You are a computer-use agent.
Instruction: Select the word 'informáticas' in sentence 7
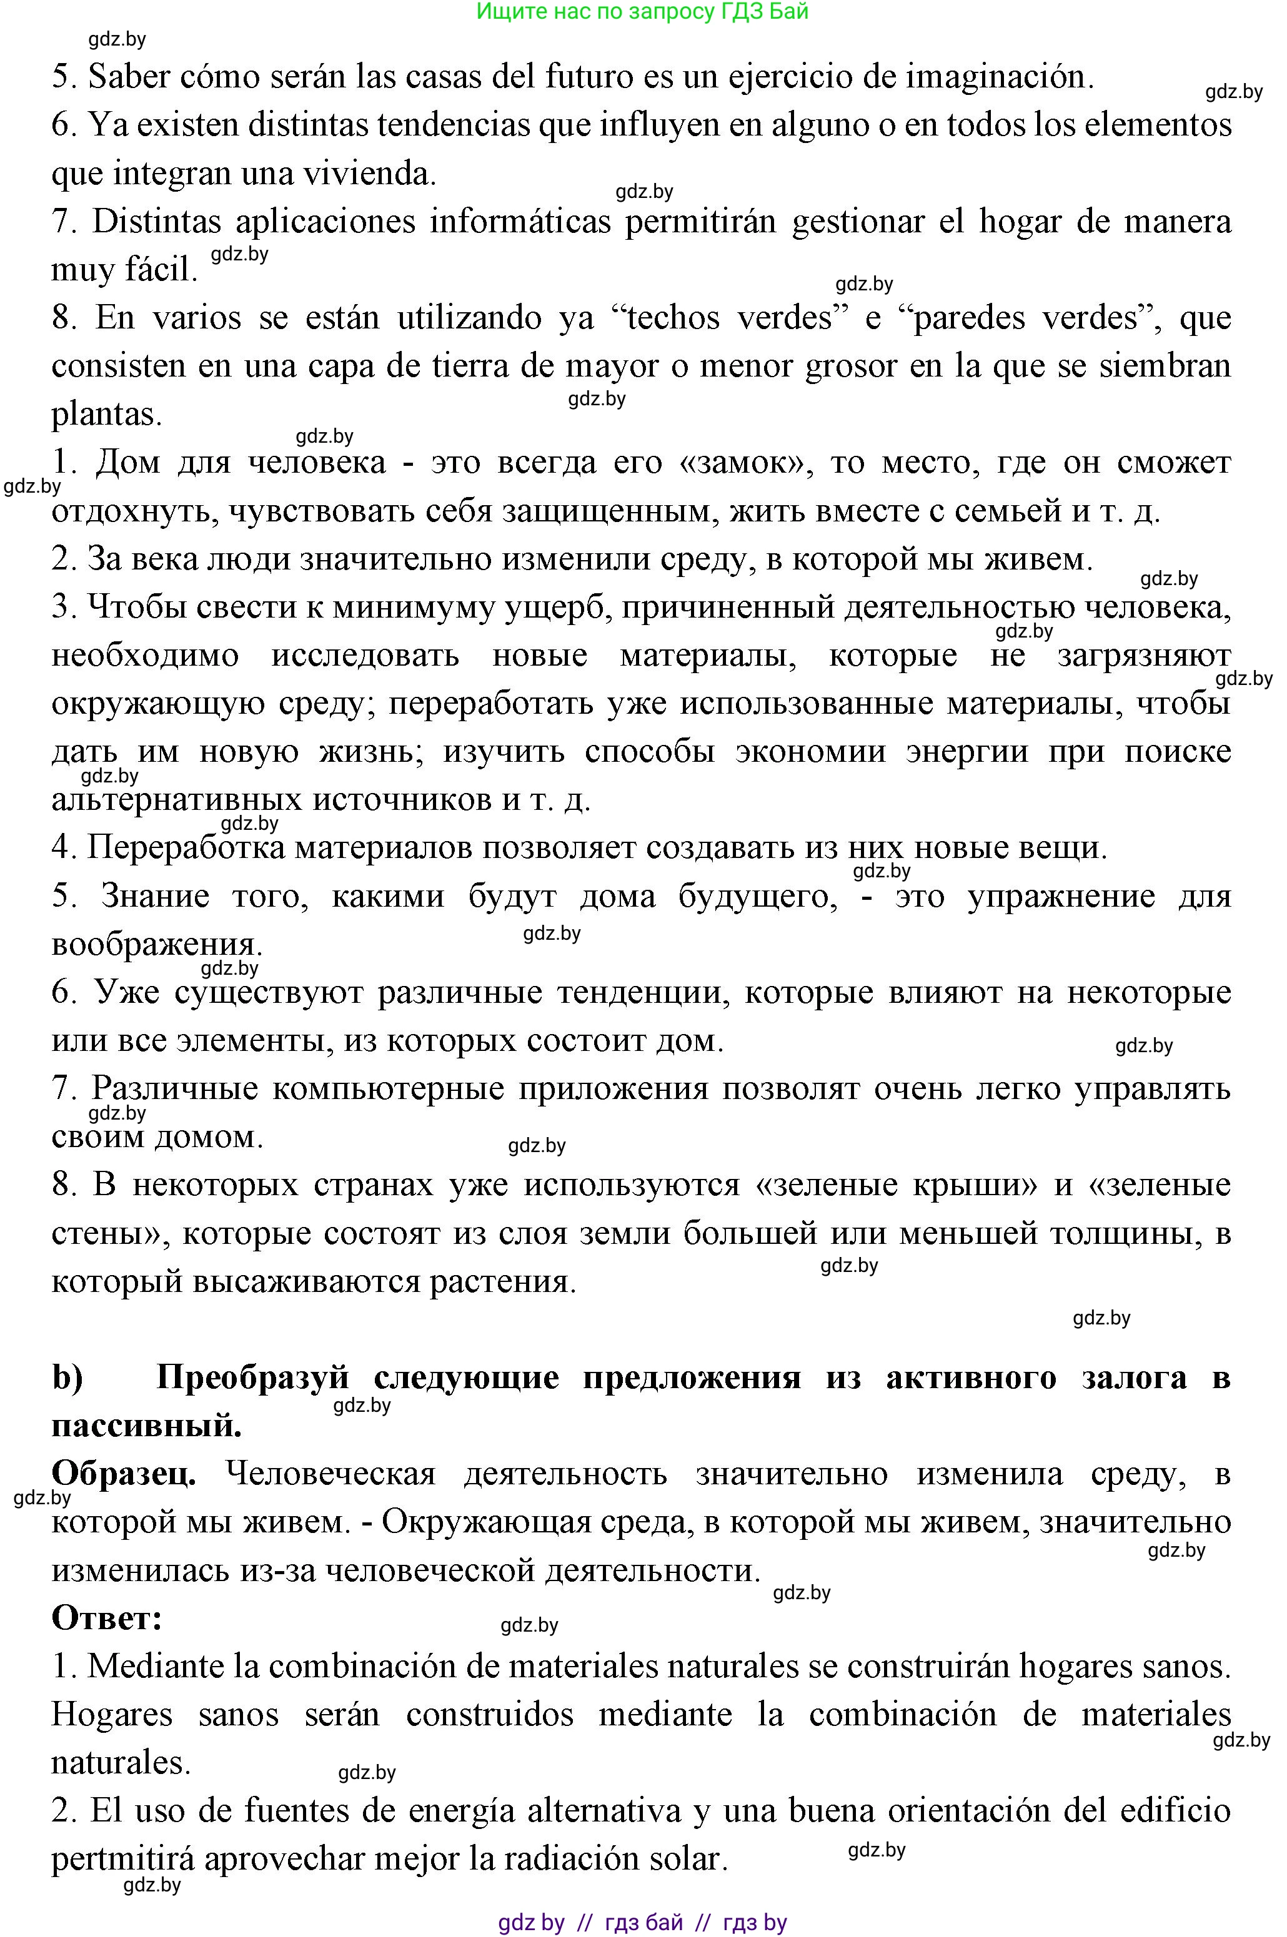520,222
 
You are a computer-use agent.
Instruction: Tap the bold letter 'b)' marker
67,1378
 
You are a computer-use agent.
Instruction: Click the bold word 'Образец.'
124,1474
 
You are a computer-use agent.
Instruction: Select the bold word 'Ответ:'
107,1619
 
